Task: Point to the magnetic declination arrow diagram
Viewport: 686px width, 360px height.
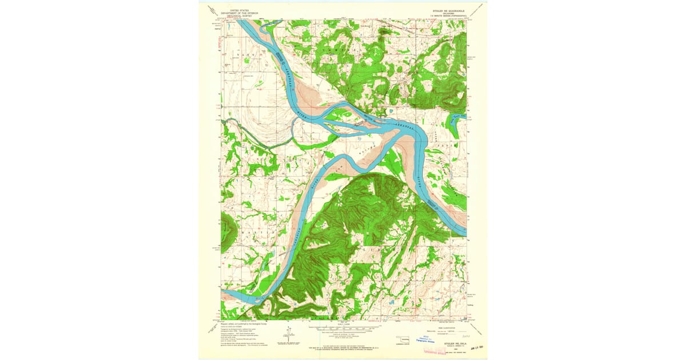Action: (x=290, y=334)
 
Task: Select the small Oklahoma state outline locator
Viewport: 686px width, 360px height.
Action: (x=404, y=339)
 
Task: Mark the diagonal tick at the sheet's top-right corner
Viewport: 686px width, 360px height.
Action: (x=484, y=6)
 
